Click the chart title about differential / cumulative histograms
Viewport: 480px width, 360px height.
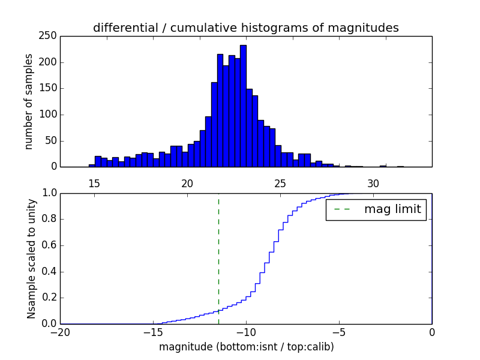pos(245,28)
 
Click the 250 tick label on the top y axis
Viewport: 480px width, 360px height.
pos(49,36)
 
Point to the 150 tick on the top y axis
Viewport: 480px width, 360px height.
pos(49,88)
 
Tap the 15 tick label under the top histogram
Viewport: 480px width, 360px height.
pos(94,184)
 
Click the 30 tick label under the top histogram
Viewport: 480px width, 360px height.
pos(373,184)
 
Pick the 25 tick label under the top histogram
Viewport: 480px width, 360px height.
pos(280,184)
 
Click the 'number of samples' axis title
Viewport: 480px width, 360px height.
pos(29,101)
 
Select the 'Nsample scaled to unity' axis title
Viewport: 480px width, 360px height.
pos(31,259)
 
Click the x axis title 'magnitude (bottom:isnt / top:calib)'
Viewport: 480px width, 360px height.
pos(246,347)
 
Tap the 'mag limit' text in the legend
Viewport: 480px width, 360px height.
pos(392,209)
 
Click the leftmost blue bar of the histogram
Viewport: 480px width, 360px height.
pos(92,165)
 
